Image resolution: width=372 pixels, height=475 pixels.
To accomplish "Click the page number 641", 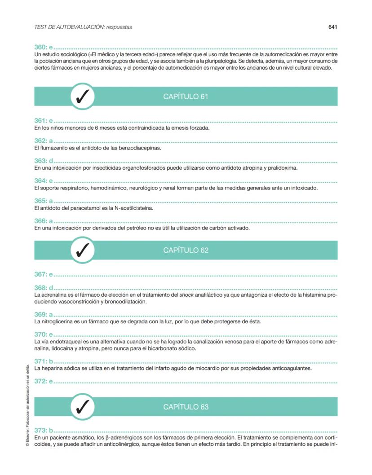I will (332, 27).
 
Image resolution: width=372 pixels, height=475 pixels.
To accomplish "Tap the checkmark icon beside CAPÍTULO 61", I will (83, 97).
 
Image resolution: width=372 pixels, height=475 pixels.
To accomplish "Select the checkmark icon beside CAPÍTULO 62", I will (83, 250).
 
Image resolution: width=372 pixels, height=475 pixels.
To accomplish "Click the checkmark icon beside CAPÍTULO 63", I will (83, 407).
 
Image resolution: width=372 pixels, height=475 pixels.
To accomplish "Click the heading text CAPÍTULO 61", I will (186, 97).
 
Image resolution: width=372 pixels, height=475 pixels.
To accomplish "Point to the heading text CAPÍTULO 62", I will (186, 250).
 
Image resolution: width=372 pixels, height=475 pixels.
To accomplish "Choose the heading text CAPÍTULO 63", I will (186, 407).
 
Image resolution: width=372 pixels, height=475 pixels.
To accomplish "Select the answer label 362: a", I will (44, 141).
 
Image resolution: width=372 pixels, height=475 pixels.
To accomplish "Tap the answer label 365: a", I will (44, 201).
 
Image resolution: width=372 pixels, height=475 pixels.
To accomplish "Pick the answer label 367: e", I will (44, 274).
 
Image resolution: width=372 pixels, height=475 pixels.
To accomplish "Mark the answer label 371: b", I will (44, 361).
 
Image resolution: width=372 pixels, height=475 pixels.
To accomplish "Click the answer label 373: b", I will (44, 430).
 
